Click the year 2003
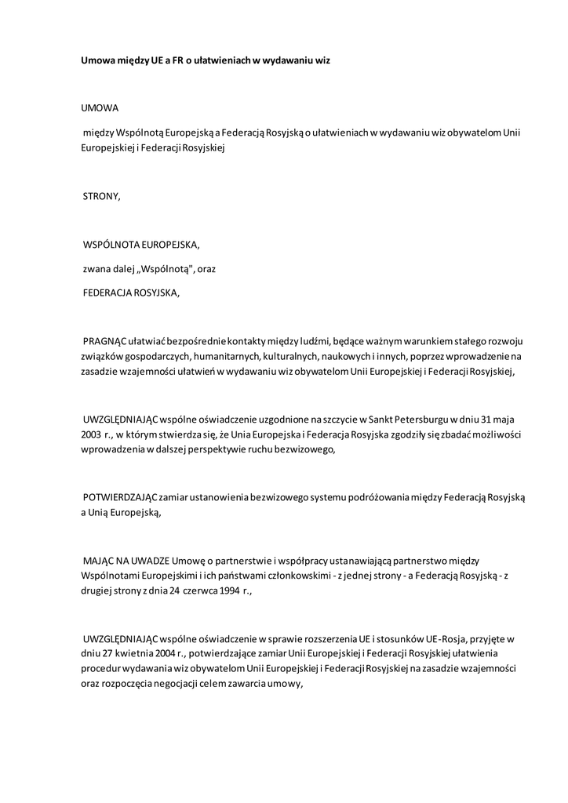click(91, 434)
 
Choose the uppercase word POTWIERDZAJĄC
click(119, 498)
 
